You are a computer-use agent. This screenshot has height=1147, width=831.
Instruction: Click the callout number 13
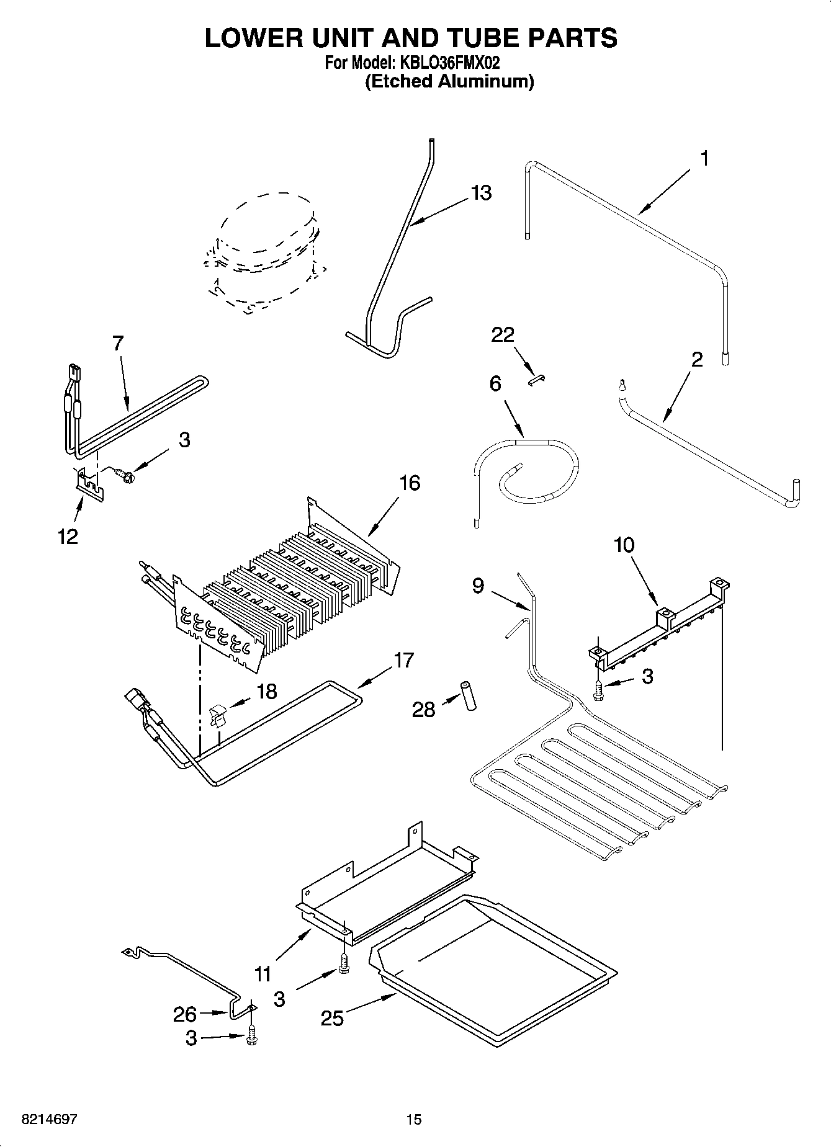(481, 193)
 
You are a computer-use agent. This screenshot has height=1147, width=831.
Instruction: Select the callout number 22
(503, 335)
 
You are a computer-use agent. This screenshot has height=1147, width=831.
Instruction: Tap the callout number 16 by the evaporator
(410, 483)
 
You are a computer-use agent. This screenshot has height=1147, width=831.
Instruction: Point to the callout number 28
(424, 709)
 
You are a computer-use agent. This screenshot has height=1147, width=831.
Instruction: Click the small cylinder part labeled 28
(467, 696)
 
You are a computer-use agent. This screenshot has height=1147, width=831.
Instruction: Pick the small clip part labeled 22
(536, 380)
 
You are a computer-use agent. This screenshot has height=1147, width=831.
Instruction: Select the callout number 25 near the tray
(332, 1017)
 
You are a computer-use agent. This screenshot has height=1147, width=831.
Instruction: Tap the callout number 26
(185, 1015)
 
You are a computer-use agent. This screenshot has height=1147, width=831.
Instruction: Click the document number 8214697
(49, 1119)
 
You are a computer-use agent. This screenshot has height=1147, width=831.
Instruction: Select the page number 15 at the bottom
(414, 1119)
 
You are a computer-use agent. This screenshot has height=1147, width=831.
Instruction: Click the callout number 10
(624, 545)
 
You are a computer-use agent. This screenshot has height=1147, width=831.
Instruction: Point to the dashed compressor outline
(264, 254)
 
